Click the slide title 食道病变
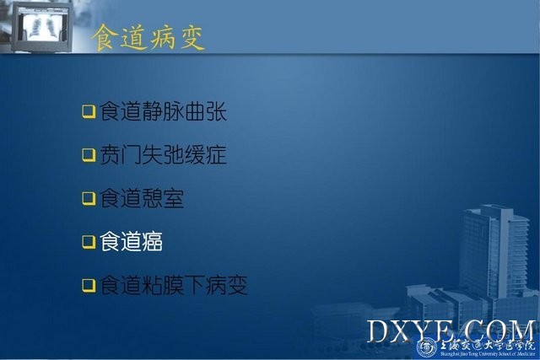(148, 38)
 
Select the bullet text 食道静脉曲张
(163, 111)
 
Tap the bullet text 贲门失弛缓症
(163, 154)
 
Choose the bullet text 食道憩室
(142, 198)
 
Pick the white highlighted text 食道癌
(132, 241)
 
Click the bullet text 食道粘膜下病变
(174, 285)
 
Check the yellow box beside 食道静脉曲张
(89, 111)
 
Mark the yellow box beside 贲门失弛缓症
(89, 155)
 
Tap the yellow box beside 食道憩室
(89, 199)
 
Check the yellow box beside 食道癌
(89, 242)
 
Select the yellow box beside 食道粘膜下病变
(89, 285)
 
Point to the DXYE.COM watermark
(451, 330)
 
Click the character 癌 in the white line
(152, 241)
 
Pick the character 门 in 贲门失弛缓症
(132, 154)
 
